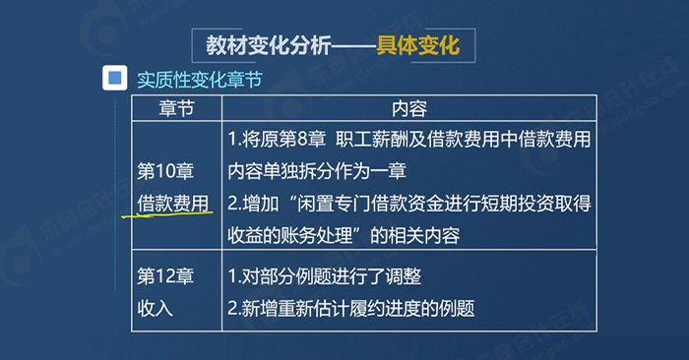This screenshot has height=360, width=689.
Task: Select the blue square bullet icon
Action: [116, 79]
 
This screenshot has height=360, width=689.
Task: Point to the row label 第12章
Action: [166, 273]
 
